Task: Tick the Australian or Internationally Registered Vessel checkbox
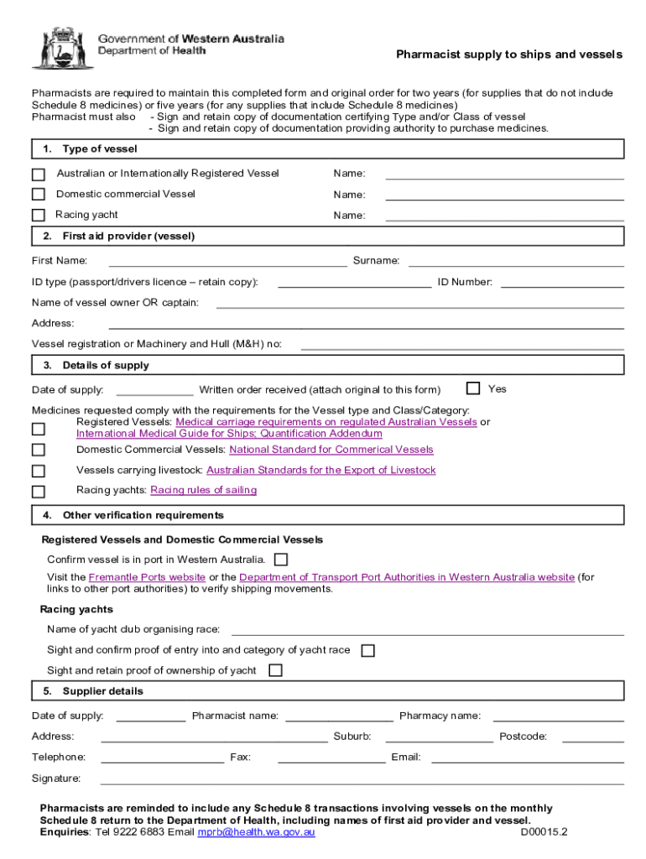pyautogui.click(x=39, y=174)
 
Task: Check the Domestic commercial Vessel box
pyautogui.click(x=39, y=195)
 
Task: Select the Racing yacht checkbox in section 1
pyautogui.click(x=39, y=216)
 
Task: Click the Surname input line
pyautogui.click(x=516, y=263)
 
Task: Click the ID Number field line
pyautogui.click(x=562, y=284)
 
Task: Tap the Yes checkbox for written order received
pyautogui.click(x=473, y=388)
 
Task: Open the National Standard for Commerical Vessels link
pyautogui.click(x=326, y=450)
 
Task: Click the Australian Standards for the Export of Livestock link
pyautogui.click(x=320, y=471)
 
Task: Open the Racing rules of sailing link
pyautogui.click(x=203, y=490)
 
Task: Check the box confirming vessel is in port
pyautogui.click(x=281, y=560)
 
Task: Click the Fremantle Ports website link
pyautogui.click(x=147, y=577)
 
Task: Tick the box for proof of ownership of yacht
pyautogui.click(x=275, y=670)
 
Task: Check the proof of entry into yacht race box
pyautogui.click(x=367, y=650)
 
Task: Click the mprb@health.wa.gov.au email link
pyautogui.click(x=256, y=832)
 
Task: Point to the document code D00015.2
pyautogui.click(x=544, y=832)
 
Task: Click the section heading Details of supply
pyautogui.click(x=106, y=366)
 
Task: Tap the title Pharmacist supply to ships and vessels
pyautogui.click(x=509, y=55)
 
